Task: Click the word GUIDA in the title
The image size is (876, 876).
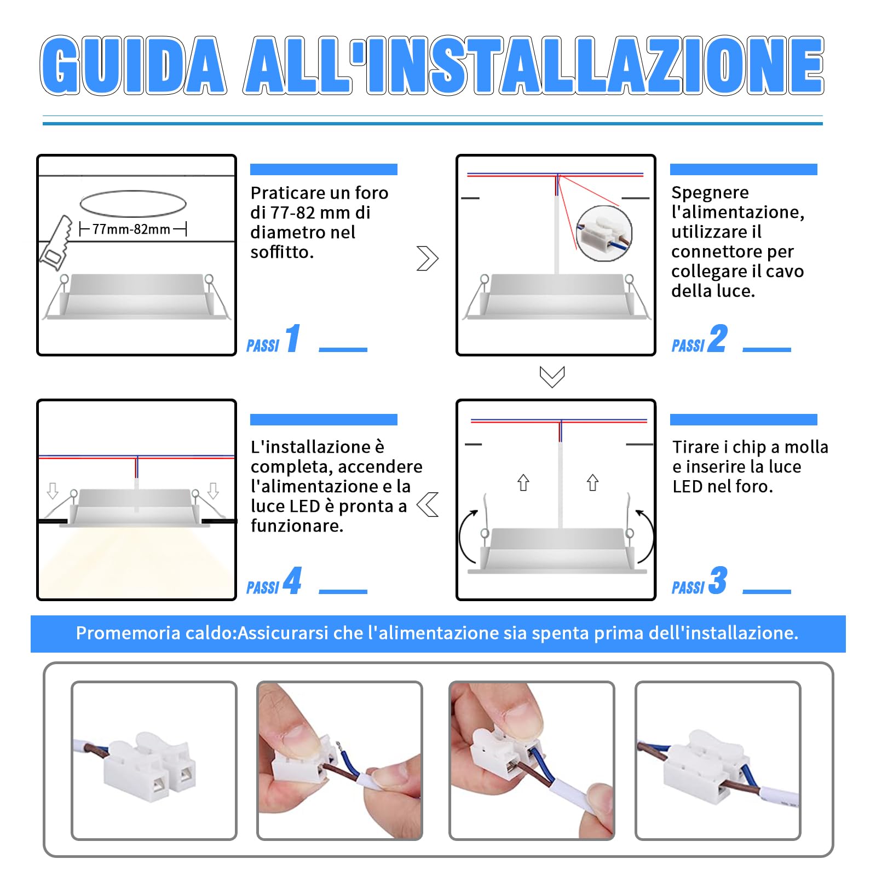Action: tap(133, 66)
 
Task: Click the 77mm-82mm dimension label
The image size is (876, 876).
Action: tap(131, 229)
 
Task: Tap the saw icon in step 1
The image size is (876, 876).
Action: tap(56, 244)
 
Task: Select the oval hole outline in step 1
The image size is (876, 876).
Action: tap(133, 204)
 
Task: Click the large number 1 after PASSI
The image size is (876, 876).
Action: tap(293, 338)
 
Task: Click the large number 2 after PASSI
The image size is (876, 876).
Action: tap(718, 338)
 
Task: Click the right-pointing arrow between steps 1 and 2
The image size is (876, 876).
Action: tap(427, 258)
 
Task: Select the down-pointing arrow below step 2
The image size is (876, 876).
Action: tap(552, 377)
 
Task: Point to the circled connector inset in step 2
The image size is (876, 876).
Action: tap(604, 234)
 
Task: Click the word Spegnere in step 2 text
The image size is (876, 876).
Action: tap(710, 193)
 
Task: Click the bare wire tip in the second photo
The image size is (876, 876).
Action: tap(339, 746)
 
